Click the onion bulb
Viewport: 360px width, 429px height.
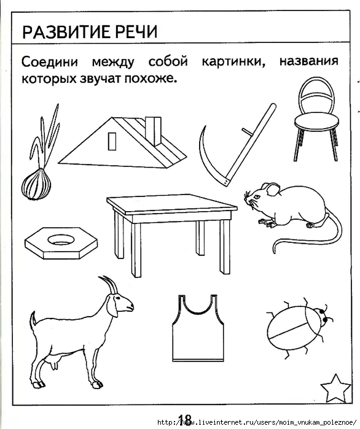coord(36,184)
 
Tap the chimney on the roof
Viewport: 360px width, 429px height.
coord(153,131)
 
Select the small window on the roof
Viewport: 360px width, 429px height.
coord(112,141)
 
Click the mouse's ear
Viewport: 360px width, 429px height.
coord(272,189)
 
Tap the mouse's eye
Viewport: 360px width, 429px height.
coord(257,197)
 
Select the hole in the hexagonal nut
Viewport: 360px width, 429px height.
coord(61,240)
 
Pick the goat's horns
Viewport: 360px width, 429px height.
coord(109,285)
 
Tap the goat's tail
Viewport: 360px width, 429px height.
coord(33,320)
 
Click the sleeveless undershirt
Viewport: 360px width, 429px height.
coord(198,328)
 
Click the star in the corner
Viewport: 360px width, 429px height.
coord(335,388)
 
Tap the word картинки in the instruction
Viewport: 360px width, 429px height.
coord(234,61)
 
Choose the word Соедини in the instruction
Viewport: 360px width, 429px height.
coord(50,62)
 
